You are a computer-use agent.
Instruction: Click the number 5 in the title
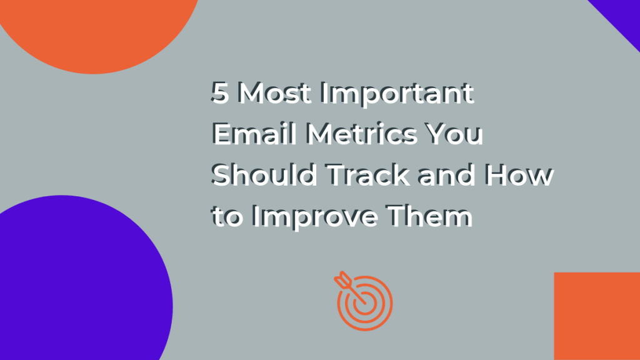220,92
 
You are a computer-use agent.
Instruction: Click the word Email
254,134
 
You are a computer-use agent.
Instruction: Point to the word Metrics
362,134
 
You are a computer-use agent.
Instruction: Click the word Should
264,175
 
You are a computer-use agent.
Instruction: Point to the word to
227,216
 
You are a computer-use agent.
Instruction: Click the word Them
429,216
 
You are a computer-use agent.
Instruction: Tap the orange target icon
363,301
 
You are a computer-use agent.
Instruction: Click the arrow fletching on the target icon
342,279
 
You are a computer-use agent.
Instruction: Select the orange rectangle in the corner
597,316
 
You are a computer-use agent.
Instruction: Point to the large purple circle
82,282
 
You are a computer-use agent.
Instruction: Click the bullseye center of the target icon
365,303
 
